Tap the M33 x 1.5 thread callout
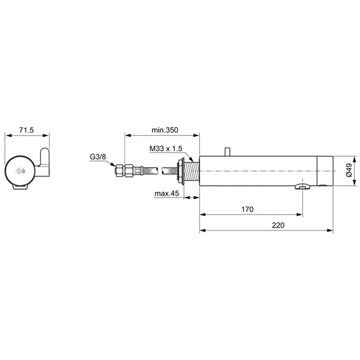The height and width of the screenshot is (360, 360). pyautogui.click(x=166, y=148)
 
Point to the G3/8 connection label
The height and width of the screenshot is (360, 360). pyautogui.click(x=98, y=157)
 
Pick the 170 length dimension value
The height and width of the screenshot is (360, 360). pyautogui.click(x=247, y=209)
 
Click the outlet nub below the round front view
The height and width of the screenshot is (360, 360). pyautogui.click(x=19, y=190)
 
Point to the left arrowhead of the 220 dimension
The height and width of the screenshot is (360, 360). pyautogui.click(x=201, y=230)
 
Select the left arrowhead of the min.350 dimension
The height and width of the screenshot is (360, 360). pyautogui.click(x=127, y=134)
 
